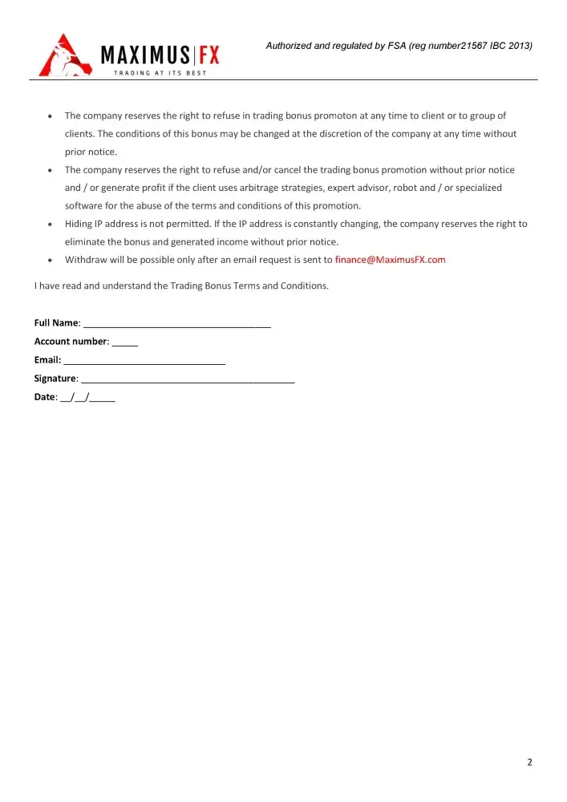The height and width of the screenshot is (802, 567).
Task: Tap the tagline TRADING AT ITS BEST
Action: click(160, 73)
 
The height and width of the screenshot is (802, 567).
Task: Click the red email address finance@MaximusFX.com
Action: click(390, 260)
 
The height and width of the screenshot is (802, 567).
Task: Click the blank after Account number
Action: click(125, 342)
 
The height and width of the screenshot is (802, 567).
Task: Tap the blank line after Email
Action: click(144, 360)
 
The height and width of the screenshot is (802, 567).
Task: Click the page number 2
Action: click(529, 762)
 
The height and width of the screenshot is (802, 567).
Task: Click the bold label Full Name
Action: click(56, 323)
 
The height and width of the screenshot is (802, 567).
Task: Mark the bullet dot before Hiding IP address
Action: click(51, 225)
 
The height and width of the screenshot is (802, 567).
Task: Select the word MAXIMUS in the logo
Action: click(145, 55)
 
